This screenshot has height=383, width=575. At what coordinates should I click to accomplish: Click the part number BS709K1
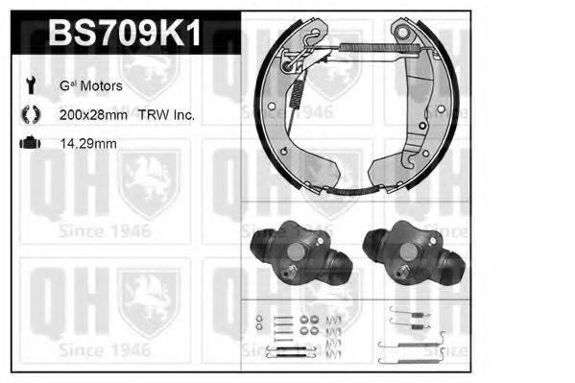click(125, 36)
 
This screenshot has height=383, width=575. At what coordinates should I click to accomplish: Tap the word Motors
click(102, 86)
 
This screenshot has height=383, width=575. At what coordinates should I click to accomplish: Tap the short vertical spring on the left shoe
click(297, 91)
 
